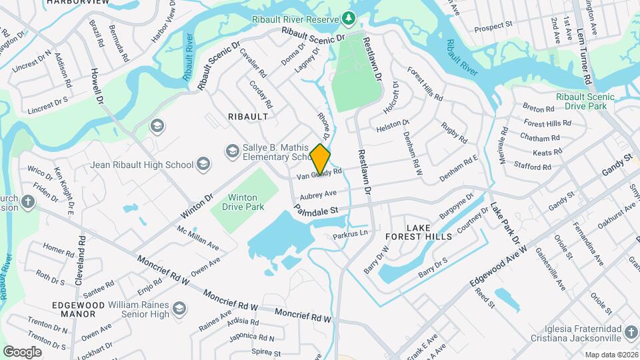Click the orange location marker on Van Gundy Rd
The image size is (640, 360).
(320, 159)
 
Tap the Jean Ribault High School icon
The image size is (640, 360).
(203, 165)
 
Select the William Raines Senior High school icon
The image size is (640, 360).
(179, 308)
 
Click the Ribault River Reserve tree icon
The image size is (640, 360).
(347, 17)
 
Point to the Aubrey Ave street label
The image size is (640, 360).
(318, 194)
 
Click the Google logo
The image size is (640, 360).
(22, 351)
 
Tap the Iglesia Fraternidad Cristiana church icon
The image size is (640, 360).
(631, 331)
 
